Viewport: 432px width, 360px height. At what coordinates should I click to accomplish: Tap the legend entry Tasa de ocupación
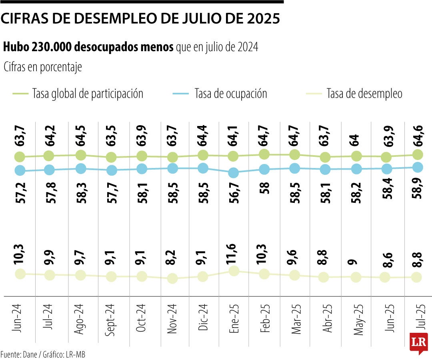[230, 94]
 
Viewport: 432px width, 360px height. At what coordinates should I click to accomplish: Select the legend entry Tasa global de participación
[87, 94]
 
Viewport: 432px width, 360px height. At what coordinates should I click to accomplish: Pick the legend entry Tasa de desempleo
[364, 94]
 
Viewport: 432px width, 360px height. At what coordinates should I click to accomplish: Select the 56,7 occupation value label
[234, 193]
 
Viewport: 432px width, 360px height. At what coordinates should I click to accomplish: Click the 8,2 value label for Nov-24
[172, 258]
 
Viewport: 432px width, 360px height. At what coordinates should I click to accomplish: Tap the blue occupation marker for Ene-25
[234, 173]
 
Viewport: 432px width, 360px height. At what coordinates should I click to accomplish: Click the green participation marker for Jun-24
[20, 157]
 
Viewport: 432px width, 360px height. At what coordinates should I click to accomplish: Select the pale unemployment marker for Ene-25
[234, 271]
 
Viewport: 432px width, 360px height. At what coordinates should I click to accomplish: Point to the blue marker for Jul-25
[417, 167]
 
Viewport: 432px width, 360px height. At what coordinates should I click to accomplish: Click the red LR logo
[418, 342]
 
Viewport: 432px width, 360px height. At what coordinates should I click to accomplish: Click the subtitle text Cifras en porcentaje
[43, 67]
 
